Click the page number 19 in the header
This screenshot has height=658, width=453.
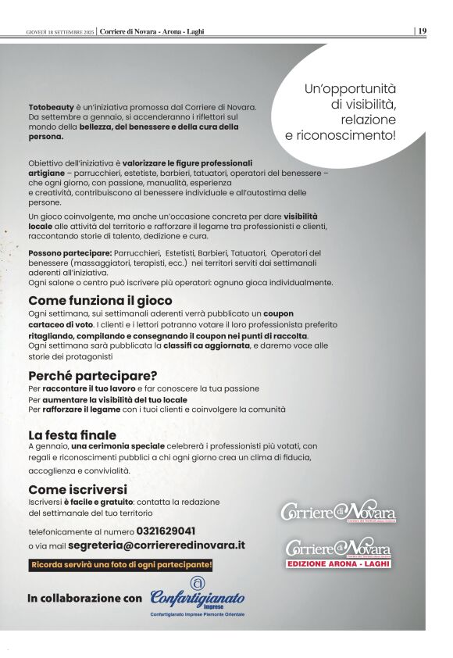422,30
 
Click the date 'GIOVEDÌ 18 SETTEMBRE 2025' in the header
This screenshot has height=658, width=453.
60,31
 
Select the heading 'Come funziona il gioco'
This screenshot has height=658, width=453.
100,300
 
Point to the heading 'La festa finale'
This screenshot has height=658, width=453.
73,434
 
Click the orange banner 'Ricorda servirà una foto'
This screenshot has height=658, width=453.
121,564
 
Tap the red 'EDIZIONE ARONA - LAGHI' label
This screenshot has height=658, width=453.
338,563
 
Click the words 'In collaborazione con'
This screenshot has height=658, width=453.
85,599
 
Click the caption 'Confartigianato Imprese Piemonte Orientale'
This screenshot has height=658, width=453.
197,616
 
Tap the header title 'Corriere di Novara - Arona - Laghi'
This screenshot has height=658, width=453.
152,31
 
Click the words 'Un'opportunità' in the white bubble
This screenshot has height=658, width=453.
350,89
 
